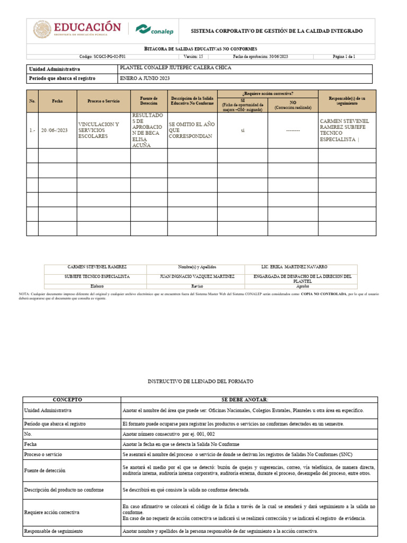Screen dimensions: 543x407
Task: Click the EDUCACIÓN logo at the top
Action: pyautogui.click(x=77, y=29)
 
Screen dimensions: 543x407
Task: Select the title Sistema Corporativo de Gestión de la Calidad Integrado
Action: pyautogui.click(x=277, y=31)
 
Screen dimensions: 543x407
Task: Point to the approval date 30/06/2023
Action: pyautogui.click(x=260, y=56)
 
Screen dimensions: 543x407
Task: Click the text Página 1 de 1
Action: pyautogui.click(x=343, y=56)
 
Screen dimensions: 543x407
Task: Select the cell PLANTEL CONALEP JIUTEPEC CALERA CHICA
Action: pyautogui.click(x=175, y=68)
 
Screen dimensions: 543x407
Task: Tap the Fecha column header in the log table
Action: pyautogui.click(x=57, y=101)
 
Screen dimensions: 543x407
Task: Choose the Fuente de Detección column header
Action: pyautogui.click(x=149, y=101)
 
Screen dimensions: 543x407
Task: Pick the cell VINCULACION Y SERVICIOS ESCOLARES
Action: pyautogui.click(x=99, y=130)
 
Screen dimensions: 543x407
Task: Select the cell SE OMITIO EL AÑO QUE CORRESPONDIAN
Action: pyautogui.click(x=190, y=130)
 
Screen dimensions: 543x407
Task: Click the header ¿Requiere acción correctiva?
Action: pyautogui.click(x=267, y=93)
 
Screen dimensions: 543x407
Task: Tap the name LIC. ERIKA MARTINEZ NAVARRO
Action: pyautogui.click(x=294, y=267)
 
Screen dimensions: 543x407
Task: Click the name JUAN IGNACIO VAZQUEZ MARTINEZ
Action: pyautogui.click(x=197, y=277)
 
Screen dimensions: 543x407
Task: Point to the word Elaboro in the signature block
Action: pyautogui.click(x=98, y=285)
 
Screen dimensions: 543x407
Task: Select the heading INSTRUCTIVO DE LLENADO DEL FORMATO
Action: pyautogui.click(x=200, y=381)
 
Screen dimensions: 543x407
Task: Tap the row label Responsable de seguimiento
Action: pyautogui.click(x=54, y=531)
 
